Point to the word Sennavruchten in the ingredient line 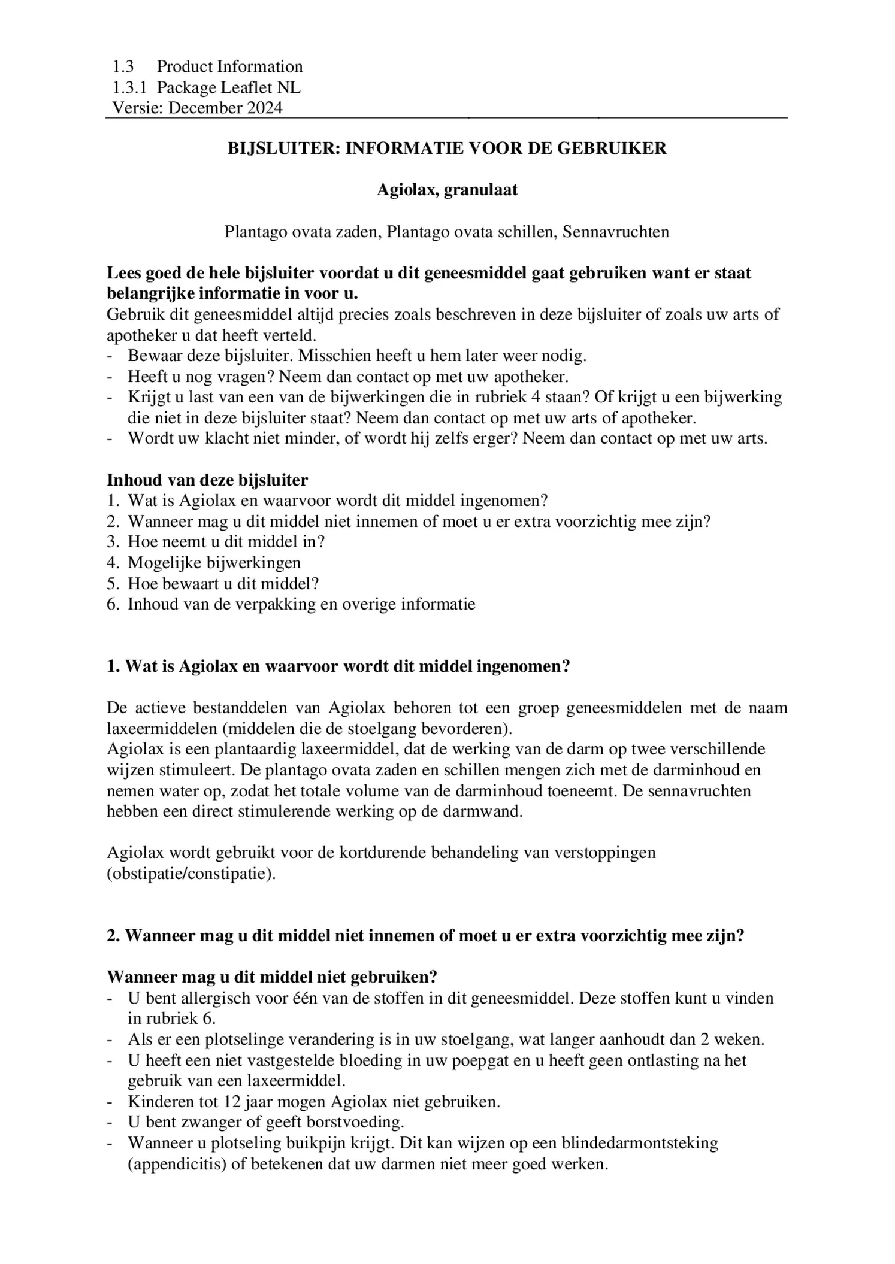pos(615,232)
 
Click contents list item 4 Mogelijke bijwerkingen pos(213,562)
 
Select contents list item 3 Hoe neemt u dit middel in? pos(225,542)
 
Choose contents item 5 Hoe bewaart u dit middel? pos(222,583)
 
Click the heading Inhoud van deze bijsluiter pos(207,480)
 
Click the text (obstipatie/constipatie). pos(191,874)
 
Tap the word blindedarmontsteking pos(639,1143)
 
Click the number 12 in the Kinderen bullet pos(232,1102)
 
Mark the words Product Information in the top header pos(229,66)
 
